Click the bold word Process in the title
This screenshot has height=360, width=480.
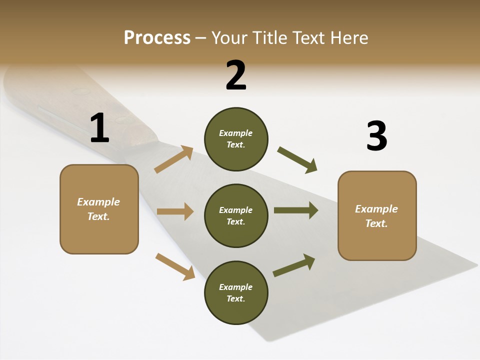coord(157,38)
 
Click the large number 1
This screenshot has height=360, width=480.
coord(99,128)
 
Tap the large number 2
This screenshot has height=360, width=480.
coord(236,75)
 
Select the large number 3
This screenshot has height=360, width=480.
coord(376,136)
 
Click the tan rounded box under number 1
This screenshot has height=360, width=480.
coord(99,209)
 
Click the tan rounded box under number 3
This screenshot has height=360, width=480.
coord(377,215)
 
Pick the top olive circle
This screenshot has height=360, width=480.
coord(236,139)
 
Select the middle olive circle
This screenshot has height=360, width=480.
coord(236,215)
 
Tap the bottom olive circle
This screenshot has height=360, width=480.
coord(236,292)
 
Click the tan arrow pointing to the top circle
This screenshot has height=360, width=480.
coord(174,159)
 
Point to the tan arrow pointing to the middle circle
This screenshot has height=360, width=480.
coord(175,211)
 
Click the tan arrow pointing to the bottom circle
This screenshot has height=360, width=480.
coord(175,266)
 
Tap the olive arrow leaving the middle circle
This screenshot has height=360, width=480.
coord(296,210)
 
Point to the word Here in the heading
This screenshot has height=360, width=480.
coord(349,38)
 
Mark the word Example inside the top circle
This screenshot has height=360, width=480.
coord(236,133)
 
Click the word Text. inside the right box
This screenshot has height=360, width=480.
coord(376,223)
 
